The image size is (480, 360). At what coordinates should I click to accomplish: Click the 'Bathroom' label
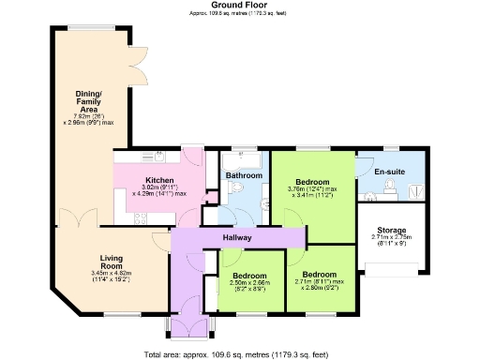[x=243, y=175]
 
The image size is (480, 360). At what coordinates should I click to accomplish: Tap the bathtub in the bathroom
[x=245, y=157]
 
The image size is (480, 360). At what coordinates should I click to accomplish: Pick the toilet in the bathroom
[x=231, y=188]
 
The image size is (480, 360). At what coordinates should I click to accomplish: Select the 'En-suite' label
[x=388, y=172]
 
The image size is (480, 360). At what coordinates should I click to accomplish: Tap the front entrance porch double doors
[x=187, y=327]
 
